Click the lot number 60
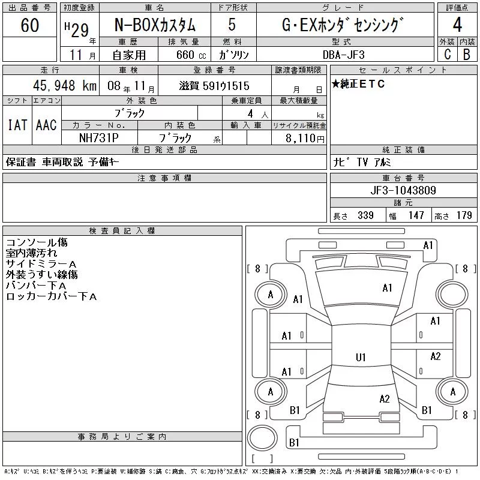pyautogui.click(x=29, y=25)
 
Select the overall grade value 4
pyautogui.click(x=457, y=25)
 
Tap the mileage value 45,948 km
pyautogui.click(x=65, y=85)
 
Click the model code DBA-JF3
pyautogui.click(x=343, y=55)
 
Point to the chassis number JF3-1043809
pyautogui.click(x=403, y=190)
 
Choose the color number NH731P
pyautogui.click(x=98, y=138)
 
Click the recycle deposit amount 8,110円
pyautogui.click(x=305, y=139)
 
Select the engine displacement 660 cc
pyautogui.click(x=191, y=55)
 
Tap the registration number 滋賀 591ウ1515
pyautogui.click(x=214, y=86)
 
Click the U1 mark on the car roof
pyautogui.click(x=361, y=357)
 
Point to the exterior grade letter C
pyautogui.click(x=447, y=54)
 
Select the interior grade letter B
pyautogui.click(x=467, y=54)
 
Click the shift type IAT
pyautogui.click(x=17, y=125)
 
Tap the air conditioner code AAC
pyautogui.click(x=46, y=125)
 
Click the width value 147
pyautogui.click(x=416, y=215)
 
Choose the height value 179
pyautogui.click(x=464, y=215)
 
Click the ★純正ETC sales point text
pyautogui.click(x=358, y=84)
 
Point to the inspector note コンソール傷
pyautogui.click(x=37, y=242)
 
